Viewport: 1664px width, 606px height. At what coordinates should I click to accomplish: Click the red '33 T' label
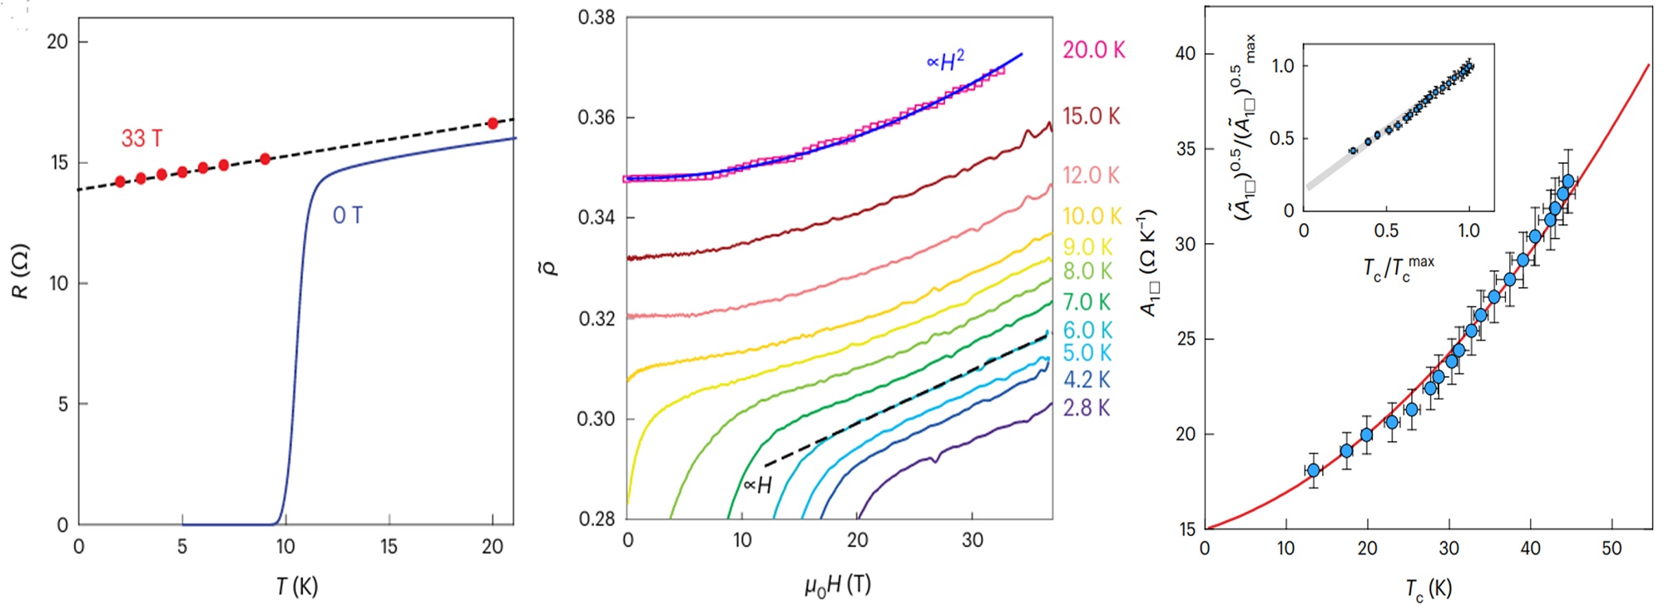pyautogui.click(x=141, y=138)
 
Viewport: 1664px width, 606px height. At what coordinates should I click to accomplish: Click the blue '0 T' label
pyautogui.click(x=348, y=216)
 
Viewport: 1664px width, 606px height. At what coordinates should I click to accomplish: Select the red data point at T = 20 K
pyautogui.click(x=493, y=123)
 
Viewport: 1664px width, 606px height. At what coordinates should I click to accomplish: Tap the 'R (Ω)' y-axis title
pyautogui.click(x=21, y=271)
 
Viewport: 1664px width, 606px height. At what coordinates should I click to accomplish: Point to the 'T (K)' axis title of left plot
pyautogui.click(x=297, y=586)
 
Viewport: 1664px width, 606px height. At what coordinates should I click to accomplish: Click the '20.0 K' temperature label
pyautogui.click(x=1093, y=50)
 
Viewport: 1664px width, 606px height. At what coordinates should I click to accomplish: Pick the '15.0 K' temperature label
pyautogui.click(x=1091, y=117)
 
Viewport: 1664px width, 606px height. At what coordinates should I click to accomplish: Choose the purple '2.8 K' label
pyautogui.click(x=1087, y=408)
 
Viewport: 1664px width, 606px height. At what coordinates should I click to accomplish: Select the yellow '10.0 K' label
pyautogui.click(x=1092, y=216)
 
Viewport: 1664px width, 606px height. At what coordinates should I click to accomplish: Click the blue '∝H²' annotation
pyautogui.click(x=946, y=61)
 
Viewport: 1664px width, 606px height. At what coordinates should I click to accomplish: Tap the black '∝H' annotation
pyautogui.click(x=757, y=485)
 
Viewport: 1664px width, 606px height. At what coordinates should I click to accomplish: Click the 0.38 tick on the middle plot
pyautogui.click(x=596, y=17)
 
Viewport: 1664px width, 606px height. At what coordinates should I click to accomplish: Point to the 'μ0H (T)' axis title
pyautogui.click(x=837, y=586)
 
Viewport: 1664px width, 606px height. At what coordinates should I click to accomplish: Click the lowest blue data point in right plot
pyautogui.click(x=1314, y=470)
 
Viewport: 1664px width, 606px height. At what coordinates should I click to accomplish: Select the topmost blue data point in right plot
pyautogui.click(x=1568, y=181)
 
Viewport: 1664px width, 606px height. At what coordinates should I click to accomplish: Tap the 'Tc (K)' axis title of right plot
pyautogui.click(x=1428, y=589)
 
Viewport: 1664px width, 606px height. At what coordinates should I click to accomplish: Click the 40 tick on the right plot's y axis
pyautogui.click(x=1185, y=53)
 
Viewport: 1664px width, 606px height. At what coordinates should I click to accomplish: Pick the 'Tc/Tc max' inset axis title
pyautogui.click(x=1398, y=268)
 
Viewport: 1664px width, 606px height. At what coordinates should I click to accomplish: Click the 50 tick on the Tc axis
pyautogui.click(x=1612, y=549)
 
